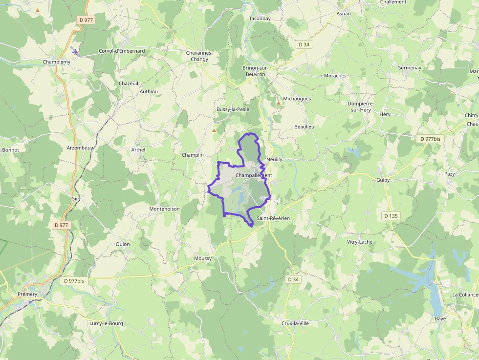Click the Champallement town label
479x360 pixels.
(x=253, y=175)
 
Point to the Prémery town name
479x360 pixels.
(x=27, y=294)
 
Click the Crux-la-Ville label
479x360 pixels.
(x=295, y=323)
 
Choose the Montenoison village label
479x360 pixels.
(x=164, y=209)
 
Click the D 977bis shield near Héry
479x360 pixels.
(x=430, y=139)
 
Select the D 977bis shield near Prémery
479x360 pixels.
(x=74, y=281)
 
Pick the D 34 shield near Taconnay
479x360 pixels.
(x=305, y=44)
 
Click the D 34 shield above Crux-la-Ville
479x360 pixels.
(x=293, y=279)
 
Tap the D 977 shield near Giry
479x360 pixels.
(x=62, y=225)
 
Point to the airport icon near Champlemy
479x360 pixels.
(x=74, y=51)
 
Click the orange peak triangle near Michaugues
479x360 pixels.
(x=279, y=103)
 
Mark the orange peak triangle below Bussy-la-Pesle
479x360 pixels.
(x=214, y=130)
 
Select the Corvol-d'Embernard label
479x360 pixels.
(x=122, y=51)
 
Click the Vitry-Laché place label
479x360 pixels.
(x=359, y=242)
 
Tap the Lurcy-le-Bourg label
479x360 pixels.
(x=106, y=323)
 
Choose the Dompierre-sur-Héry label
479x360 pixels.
(x=361, y=106)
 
